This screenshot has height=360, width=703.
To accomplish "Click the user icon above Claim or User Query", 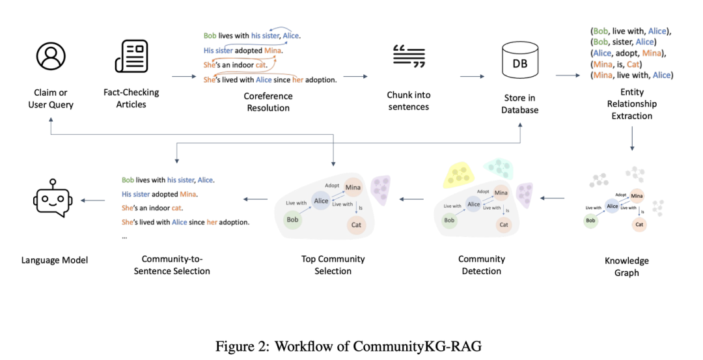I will [51, 57].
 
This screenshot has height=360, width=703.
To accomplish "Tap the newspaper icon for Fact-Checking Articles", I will [131, 57].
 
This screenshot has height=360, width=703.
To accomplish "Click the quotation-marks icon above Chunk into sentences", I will [409, 57].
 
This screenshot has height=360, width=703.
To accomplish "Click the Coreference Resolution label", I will [268, 102].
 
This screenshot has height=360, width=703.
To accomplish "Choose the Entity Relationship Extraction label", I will [631, 104].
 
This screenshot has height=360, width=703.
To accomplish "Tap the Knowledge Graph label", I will [626, 266].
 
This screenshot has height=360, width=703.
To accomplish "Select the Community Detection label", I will [482, 264].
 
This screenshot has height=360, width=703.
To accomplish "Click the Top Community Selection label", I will [333, 264].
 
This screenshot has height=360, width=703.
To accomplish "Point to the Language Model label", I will [55, 260].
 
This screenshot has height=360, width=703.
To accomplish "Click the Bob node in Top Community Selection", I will [293, 219].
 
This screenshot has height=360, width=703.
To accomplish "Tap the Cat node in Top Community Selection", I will [356, 225].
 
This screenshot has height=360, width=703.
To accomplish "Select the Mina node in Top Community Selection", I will [353, 187].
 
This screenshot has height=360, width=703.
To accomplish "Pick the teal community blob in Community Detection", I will [501, 169].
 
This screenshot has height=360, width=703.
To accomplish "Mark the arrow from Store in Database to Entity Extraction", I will [567, 76].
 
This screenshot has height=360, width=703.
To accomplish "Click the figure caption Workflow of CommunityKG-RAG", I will [351, 346].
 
